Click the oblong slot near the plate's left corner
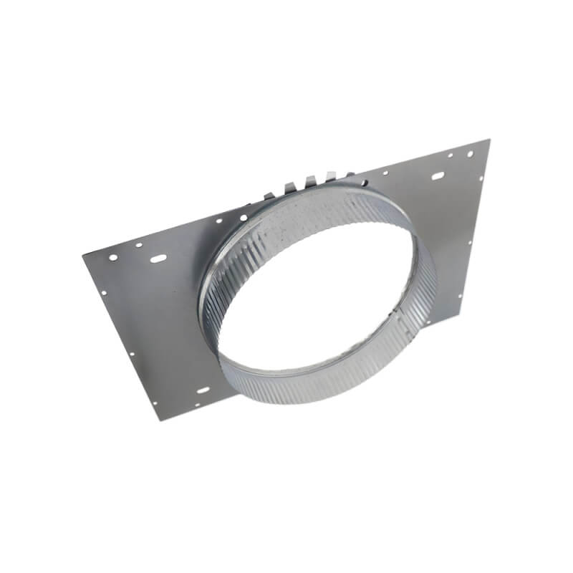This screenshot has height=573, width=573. pyautogui.click(x=158, y=258)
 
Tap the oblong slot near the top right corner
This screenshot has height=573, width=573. pyautogui.click(x=437, y=175)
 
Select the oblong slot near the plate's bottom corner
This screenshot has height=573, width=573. pyautogui.click(x=203, y=390)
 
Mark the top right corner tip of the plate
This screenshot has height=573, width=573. pyautogui.click(x=489, y=140)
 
